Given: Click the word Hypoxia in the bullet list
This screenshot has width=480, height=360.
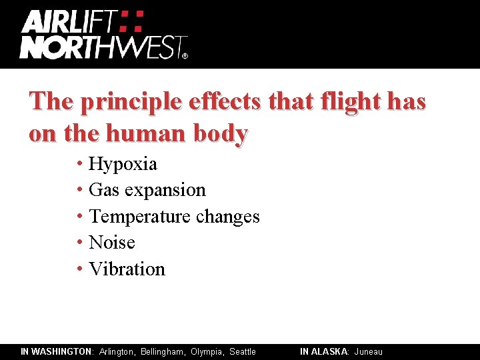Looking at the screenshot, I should point(123,164).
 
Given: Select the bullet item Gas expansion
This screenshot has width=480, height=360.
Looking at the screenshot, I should point(147,190).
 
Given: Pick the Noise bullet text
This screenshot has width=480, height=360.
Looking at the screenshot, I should point(111,243).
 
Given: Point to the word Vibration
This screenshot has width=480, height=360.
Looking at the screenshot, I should point(127,269).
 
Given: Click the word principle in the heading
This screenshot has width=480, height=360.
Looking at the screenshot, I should point(132,102).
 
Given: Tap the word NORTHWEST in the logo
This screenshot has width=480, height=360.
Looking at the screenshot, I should point(100,47).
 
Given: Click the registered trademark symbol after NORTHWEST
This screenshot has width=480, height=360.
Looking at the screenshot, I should point(185,56).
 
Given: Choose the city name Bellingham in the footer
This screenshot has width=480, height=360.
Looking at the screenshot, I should point(163,351).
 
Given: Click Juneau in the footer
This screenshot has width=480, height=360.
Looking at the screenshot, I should point(369,351).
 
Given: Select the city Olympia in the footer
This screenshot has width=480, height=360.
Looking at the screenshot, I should point(207,351).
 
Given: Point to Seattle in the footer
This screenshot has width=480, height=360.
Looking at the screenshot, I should point(243,351).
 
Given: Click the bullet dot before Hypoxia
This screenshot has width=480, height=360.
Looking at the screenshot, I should point(79,163).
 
